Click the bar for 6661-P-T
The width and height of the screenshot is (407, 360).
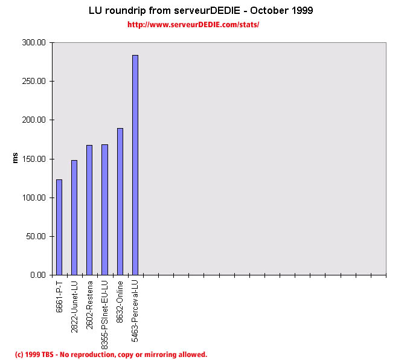click(59, 227)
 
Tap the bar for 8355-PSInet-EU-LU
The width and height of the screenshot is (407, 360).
click(104, 210)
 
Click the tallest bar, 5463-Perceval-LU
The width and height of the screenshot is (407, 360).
click(135, 165)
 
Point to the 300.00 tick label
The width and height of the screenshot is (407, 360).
click(33, 43)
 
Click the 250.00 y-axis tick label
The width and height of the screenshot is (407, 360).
click(33, 82)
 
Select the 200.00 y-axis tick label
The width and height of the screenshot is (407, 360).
click(33, 120)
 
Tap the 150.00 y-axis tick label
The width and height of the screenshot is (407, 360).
click(33, 159)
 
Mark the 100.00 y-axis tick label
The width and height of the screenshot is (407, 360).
click(33, 198)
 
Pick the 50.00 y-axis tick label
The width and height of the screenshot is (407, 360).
click(35, 236)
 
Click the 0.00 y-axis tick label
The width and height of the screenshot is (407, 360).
click(37, 275)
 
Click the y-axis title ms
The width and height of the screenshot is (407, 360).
click(16, 158)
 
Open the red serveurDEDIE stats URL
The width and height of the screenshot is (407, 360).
click(193, 25)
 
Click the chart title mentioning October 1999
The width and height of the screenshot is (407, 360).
click(200, 11)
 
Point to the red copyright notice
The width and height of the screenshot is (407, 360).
click(111, 355)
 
